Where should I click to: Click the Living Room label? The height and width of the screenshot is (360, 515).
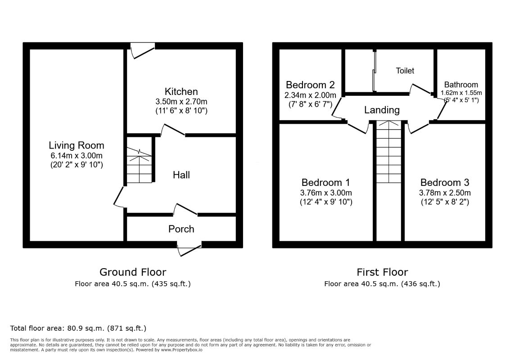click(77, 145)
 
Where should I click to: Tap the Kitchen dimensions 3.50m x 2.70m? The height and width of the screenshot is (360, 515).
click(181, 102)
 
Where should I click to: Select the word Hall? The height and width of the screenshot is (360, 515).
click(181, 175)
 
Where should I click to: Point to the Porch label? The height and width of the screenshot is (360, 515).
click(181, 229)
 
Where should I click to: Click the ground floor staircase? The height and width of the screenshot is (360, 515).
click(139, 165)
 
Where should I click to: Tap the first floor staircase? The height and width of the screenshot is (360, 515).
click(389, 152)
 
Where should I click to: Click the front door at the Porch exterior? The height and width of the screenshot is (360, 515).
click(189, 249)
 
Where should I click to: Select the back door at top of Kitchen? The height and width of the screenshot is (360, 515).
click(143, 51)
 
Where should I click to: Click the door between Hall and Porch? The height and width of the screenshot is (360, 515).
click(185, 209)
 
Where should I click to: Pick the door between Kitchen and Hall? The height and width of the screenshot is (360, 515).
click(173, 130)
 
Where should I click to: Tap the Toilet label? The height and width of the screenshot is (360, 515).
click(405, 71)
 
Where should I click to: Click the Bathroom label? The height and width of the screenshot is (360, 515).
click(461, 85)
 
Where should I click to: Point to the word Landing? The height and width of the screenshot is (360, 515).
click(382, 110)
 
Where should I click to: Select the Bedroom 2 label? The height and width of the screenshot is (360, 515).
click(310, 85)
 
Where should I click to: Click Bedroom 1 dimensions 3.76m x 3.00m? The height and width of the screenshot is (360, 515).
click(326, 193)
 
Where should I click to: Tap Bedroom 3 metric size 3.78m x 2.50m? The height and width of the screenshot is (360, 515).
click(445, 193)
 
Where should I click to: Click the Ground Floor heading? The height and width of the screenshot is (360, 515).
click(133, 272)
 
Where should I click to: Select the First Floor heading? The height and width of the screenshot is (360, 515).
click(382, 272)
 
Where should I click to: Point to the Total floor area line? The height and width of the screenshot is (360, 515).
click(78, 328)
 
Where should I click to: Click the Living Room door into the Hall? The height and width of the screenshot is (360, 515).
click(119, 197)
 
